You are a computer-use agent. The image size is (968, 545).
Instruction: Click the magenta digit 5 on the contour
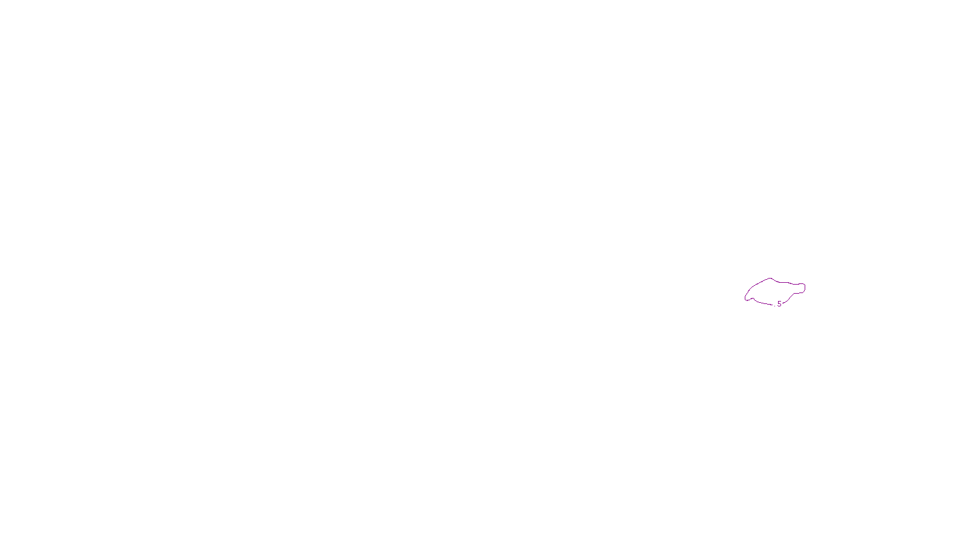tap(779, 303)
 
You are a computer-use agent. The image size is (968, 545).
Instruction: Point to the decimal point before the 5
tap(775, 305)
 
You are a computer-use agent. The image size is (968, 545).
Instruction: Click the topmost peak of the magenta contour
tap(770, 279)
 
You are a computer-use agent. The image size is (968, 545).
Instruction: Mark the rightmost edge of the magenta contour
tap(805, 287)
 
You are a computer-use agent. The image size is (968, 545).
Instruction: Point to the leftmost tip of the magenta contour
tap(745, 297)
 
